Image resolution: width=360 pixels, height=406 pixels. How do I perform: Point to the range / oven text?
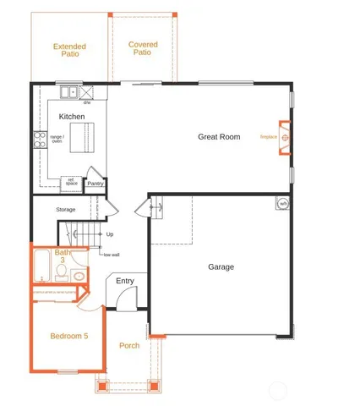[57, 138]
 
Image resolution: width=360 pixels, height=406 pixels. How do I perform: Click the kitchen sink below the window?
[63, 91]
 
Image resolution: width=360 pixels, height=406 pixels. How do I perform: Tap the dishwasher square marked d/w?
[87, 91]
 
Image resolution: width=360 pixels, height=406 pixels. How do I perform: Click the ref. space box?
[72, 182]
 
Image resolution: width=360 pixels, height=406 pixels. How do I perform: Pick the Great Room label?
[219, 136]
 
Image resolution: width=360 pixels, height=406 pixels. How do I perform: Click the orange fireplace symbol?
[285, 136]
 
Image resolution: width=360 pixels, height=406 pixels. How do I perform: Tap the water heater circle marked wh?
[283, 203]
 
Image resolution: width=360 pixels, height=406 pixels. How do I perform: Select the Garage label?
[221, 267]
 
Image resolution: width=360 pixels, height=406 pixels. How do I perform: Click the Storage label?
[66, 209]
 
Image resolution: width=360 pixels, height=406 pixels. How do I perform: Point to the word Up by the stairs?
[110, 234]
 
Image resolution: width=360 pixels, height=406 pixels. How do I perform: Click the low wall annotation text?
[111, 255]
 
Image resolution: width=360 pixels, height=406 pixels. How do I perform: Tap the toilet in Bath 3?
[79, 275]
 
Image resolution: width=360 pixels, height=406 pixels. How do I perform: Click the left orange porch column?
[103, 387]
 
